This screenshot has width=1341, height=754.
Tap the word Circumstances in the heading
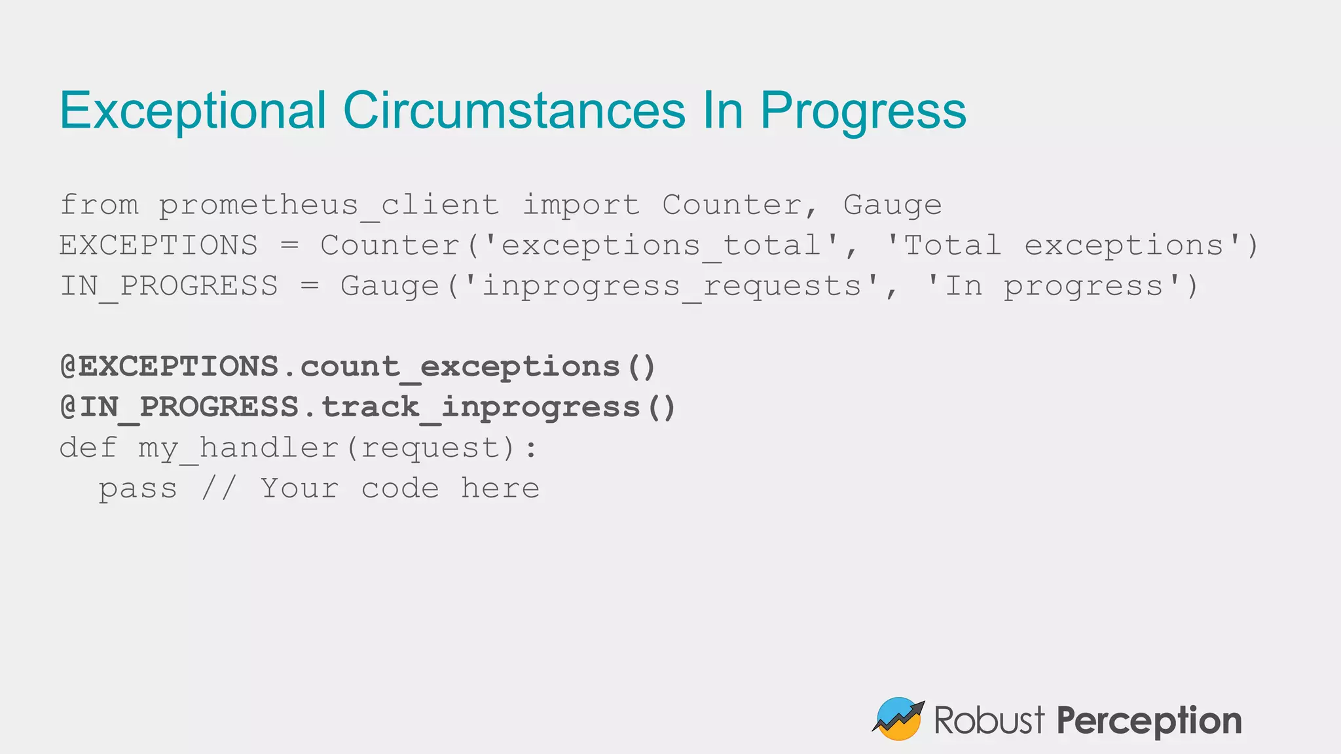(x=514, y=110)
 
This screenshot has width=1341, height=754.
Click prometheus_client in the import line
(x=329, y=206)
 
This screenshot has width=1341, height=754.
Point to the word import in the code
(x=580, y=206)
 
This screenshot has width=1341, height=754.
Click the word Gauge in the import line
(x=892, y=206)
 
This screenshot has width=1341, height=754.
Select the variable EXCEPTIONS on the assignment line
(x=158, y=246)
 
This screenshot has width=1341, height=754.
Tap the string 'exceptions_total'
(x=660, y=246)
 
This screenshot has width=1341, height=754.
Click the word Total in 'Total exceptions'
(x=952, y=246)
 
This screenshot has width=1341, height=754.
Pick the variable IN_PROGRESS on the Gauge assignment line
(x=169, y=287)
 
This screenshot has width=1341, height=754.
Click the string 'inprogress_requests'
(x=670, y=287)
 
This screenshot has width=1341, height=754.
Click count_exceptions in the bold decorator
(x=460, y=367)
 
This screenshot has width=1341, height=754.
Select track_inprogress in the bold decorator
(x=480, y=408)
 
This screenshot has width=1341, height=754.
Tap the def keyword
(x=88, y=448)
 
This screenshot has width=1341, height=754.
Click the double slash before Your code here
(x=218, y=489)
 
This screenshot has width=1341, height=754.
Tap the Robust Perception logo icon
(x=898, y=719)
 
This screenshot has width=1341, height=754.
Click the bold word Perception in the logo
(x=1148, y=721)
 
